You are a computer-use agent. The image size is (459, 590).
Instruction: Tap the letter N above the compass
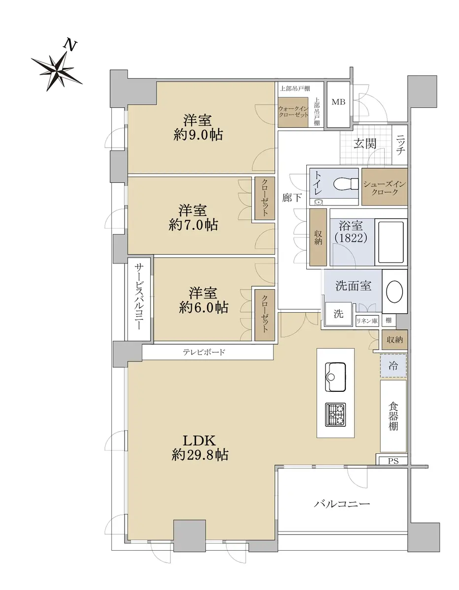[x=70, y=45]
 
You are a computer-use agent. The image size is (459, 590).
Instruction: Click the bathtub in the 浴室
[x=391, y=242]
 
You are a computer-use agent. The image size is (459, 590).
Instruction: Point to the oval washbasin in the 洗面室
[x=394, y=292]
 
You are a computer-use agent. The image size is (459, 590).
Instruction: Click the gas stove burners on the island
[x=335, y=414]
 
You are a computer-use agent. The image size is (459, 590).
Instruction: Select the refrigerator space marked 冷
[x=393, y=365]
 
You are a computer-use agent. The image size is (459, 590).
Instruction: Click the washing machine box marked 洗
[x=338, y=314]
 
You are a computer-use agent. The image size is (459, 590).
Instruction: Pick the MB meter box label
[x=338, y=102]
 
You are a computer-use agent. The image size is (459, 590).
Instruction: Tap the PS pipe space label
[x=393, y=461]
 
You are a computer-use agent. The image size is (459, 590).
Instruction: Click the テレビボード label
[x=204, y=353]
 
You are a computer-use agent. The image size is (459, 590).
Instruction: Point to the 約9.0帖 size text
[x=198, y=135]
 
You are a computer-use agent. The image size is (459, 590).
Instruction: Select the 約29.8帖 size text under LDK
[x=200, y=454]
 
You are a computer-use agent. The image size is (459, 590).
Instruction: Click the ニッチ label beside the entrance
[x=400, y=145]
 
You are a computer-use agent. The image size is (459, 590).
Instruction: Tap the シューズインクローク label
[x=385, y=188]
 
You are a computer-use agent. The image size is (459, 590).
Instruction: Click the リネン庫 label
[x=367, y=321]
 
